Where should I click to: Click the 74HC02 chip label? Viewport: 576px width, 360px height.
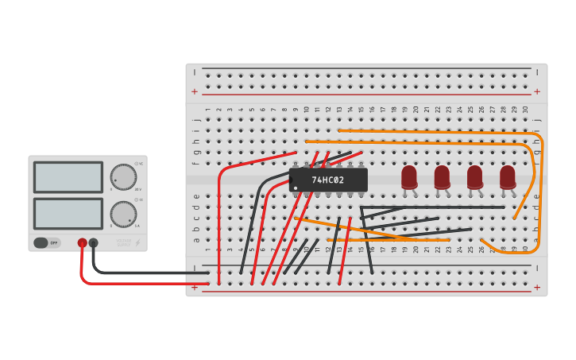[x=328, y=180]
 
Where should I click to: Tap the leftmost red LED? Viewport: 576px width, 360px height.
[x=409, y=176]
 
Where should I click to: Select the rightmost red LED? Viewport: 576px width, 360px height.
[x=508, y=176]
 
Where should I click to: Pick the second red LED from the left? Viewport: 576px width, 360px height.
[x=442, y=176]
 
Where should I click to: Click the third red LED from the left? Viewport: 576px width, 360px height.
[x=474, y=176]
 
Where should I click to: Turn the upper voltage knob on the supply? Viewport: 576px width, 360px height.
[x=122, y=176]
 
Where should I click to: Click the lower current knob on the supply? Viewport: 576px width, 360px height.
[x=122, y=213]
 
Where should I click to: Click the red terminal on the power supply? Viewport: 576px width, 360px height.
[x=82, y=242]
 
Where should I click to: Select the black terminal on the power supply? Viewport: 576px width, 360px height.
[x=93, y=242]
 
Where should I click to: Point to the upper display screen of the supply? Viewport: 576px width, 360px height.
[x=68, y=177]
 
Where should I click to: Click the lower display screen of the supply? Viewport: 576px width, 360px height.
[x=68, y=214]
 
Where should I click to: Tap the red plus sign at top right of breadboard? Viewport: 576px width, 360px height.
[x=537, y=91]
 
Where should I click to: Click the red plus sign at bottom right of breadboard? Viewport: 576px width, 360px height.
[x=537, y=288]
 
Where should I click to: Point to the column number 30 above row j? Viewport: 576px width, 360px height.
[x=524, y=110]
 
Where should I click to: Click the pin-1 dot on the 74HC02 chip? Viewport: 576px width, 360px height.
[x=296, y=188]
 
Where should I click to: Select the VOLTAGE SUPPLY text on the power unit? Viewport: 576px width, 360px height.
[x=124, y=241]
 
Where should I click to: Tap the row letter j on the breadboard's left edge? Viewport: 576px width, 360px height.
[x=196, y=119]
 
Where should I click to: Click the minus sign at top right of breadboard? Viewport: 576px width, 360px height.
[x=537, y=72]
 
